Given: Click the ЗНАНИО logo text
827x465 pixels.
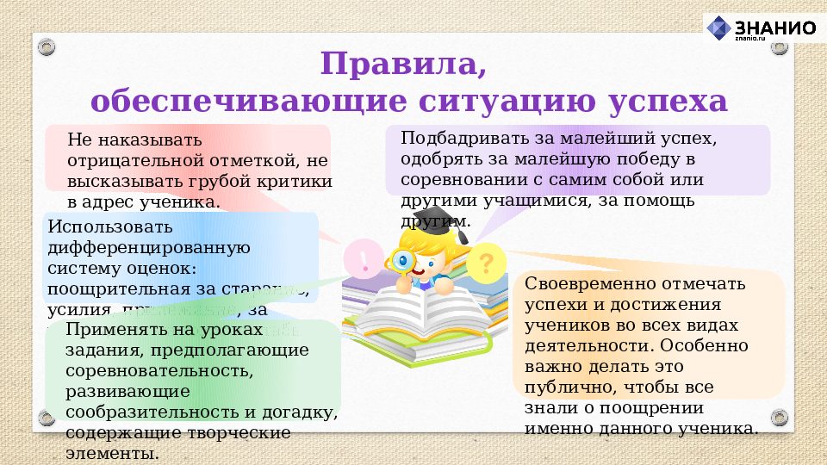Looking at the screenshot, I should pyautogui.click(x=774, y=28).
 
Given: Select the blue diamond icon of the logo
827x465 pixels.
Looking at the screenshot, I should pyautogui.click(x=718, y=28).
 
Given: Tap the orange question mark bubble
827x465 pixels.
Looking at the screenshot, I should pyautogui.click(x=487, y=260).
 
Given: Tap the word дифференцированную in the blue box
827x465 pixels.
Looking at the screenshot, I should pyautogui.click(x=149, y=248).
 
